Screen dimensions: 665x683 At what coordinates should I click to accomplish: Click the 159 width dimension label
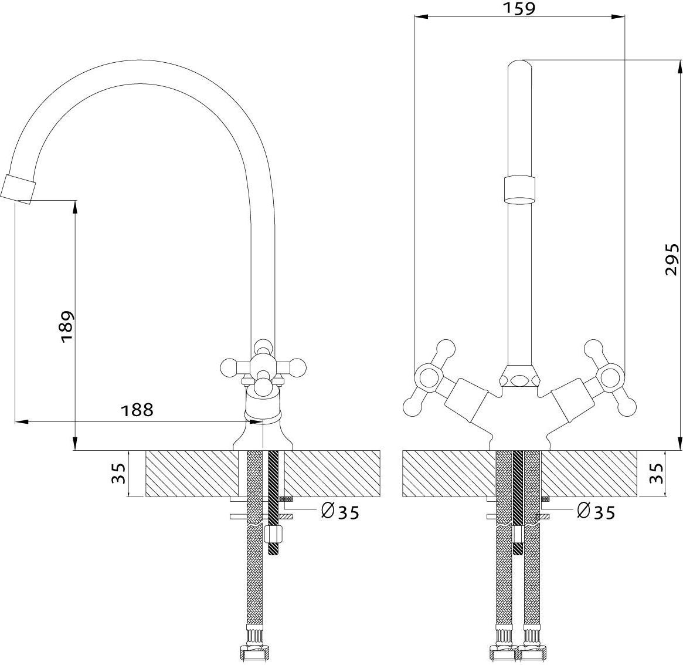pyautogui.click(x=519, y=8)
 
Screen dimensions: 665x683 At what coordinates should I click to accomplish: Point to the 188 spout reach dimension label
pyautogui.click(x=137, y=410)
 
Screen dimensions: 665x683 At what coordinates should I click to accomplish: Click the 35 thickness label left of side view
pyautogui.click(x=118, y=474)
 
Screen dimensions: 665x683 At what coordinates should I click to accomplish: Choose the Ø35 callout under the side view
pyautogui.click(x=340, y=512)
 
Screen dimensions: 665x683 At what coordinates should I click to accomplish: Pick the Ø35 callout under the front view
pyautogui.click(x=596, y=512)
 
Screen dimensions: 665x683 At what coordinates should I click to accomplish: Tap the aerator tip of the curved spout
pyautogui.click(x=18, y=188)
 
